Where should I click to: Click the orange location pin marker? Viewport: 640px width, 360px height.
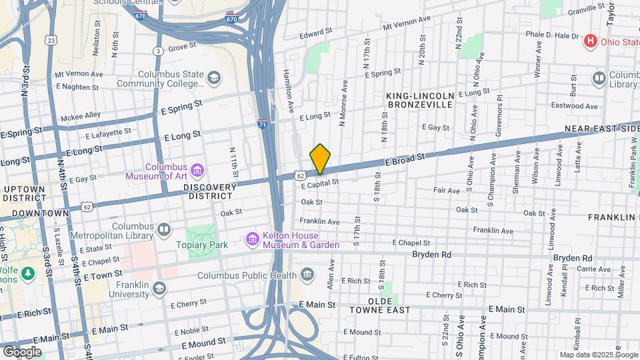(x=320, y=159)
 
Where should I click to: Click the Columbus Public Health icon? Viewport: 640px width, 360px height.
(x=307, y=273)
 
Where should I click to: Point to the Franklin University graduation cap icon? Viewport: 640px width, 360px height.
(x=159, y=288)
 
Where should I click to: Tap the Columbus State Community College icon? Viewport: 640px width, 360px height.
(x=213, y=79)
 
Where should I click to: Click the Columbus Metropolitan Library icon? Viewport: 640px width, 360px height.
(x=164, y=230)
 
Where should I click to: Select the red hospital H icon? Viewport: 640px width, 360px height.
(x=589, y=42)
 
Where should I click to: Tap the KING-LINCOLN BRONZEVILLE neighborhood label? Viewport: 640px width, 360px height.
(x=420, y=101)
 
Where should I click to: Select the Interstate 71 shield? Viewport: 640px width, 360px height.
(x=263, y=124)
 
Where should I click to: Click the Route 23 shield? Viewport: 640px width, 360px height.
(x=51, y=41)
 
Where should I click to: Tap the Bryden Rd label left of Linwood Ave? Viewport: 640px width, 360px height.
(x=431, y=255)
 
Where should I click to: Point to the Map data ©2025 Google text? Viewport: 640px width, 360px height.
(x=598, y=355)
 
